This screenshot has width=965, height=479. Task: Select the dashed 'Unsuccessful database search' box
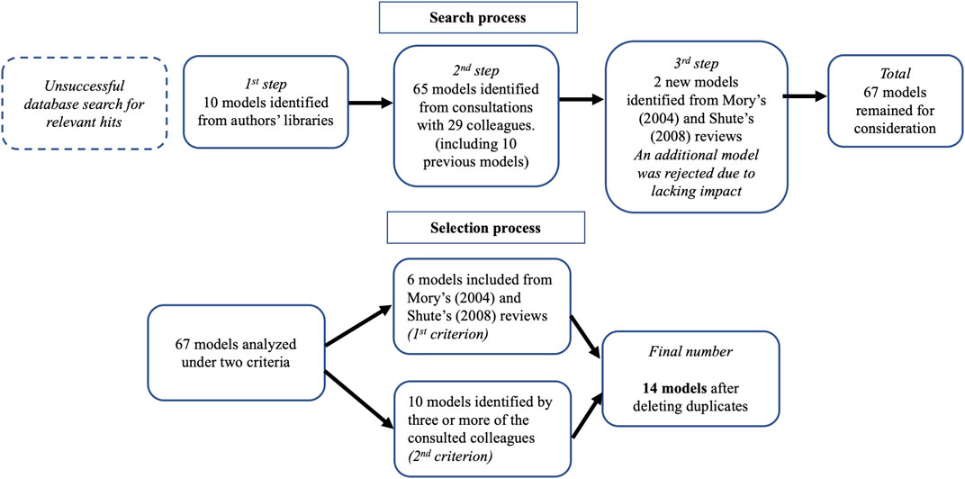coord(85,103)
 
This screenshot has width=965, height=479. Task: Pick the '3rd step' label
coord(693,64)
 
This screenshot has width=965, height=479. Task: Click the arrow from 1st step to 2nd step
coord(371,103)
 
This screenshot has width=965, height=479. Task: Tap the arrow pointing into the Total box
coord(805,96)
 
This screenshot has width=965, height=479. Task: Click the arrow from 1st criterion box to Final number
coord(587,337)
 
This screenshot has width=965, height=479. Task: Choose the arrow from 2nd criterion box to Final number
coord(587,416)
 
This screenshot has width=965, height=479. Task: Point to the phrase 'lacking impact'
coord(693,190)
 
